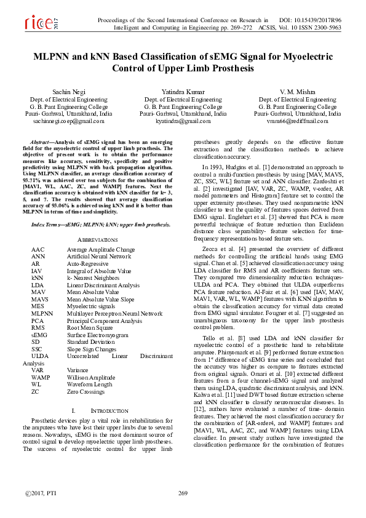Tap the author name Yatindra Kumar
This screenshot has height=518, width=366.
[x=183, y=91]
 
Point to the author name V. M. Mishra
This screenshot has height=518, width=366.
[x=297, y=91]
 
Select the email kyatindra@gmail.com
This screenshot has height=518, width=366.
[x=183, y=121]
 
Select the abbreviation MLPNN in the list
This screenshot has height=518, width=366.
[x=42, y=314]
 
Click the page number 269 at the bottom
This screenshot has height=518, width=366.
[x=183, y=493]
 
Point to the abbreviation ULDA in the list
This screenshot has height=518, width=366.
[x=39, y=356]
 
